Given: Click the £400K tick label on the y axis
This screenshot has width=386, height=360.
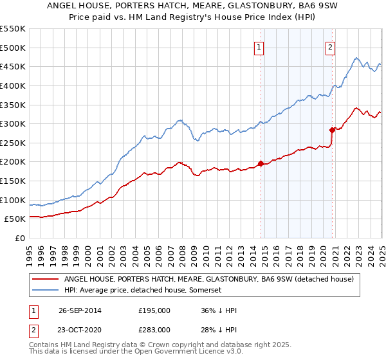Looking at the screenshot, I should pyautogui.click(x=13, y=85).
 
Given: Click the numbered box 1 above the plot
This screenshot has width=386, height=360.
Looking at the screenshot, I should pyautogui.click(x=259, y=46).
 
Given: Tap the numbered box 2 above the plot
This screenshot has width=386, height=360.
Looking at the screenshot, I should pyautogui.click(x=330, y=46).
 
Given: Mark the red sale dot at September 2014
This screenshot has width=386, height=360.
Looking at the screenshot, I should pyautogui.click(x=261, y=163).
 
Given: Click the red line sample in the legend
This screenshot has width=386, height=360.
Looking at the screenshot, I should pyautogui.click(x=46, y=280).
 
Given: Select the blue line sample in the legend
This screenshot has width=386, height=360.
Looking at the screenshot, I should pyautogui.click(x=46, y=291).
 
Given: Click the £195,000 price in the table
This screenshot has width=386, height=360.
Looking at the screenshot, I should pyautogui.click(x=154, y=310).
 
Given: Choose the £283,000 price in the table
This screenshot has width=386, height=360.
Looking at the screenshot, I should pyautogui.click(x=154, y=330).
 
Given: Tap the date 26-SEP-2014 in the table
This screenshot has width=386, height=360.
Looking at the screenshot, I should pyautogui.click(x=79, y=310).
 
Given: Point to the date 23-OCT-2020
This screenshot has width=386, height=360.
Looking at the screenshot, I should pyautogui.click(x=79, y=330).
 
